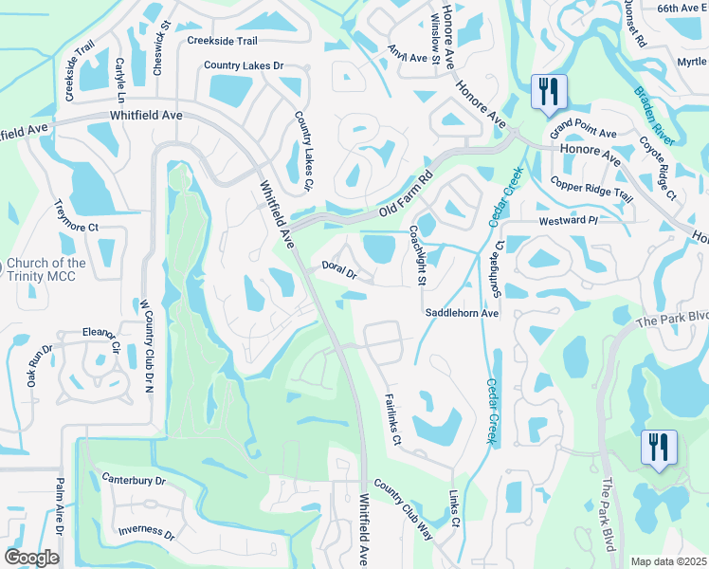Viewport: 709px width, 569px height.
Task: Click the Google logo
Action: [31, 558]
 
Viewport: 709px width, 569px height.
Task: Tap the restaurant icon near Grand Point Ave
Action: [548, 93]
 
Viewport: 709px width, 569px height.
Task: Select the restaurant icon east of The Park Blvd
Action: [658, 447]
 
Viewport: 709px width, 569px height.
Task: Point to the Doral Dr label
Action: [338, 271]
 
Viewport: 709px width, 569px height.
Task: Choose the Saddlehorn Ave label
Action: [462, 312]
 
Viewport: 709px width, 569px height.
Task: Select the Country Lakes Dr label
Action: [245, 66]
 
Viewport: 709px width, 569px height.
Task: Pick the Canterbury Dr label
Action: [134, 480]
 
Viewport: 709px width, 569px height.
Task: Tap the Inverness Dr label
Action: [145, 534]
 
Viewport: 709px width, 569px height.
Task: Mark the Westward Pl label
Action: [568, 220]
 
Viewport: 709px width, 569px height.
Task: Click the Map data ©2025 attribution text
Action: [668, 561]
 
